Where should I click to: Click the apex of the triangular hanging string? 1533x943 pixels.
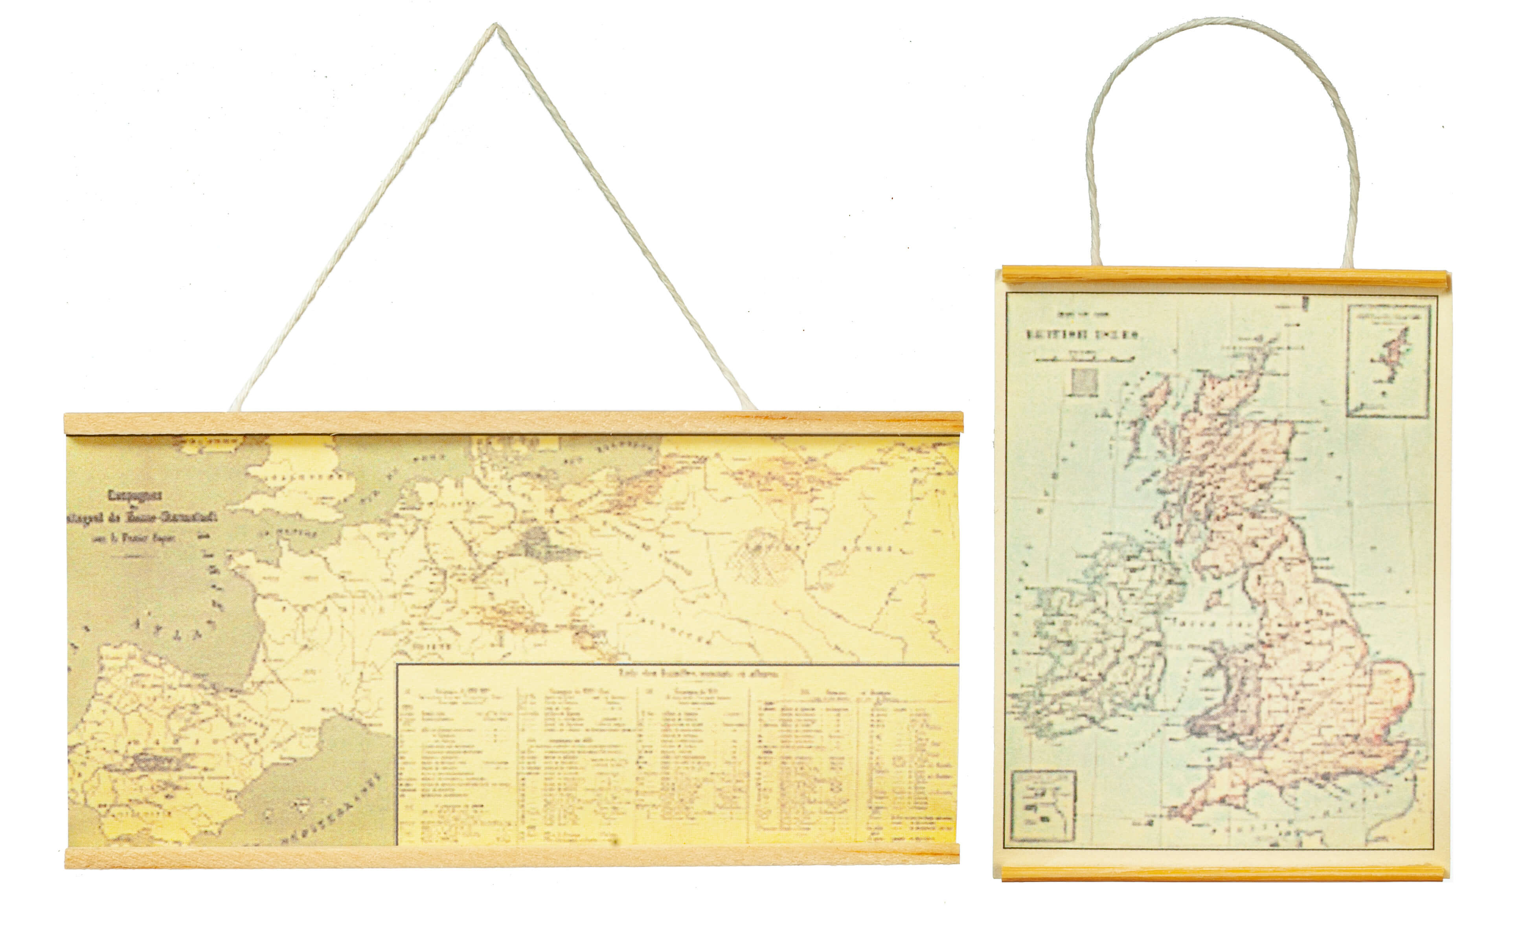click(x=496, y=26)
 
